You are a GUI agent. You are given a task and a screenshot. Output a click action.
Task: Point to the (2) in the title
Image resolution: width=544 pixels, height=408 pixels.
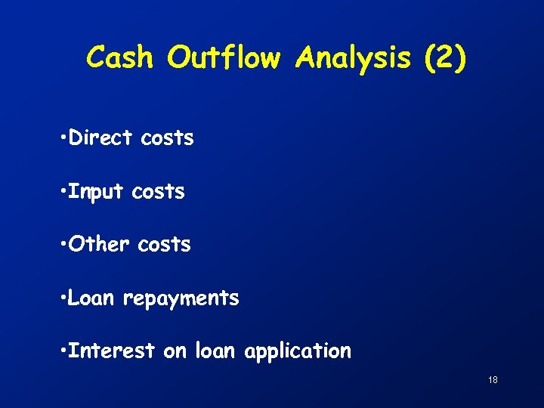pos(445,58)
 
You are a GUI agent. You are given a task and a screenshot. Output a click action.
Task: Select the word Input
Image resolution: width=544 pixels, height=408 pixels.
pos(95,193)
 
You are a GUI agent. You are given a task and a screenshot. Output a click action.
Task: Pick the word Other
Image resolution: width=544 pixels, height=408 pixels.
pos(99,245)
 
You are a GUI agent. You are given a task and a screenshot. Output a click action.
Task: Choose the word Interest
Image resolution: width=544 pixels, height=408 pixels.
pos(111,351)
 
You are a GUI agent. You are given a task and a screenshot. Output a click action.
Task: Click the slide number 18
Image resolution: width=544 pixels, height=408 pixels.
pos(493,380)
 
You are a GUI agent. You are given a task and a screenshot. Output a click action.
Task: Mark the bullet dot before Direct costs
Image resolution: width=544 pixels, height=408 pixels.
pos(60,139)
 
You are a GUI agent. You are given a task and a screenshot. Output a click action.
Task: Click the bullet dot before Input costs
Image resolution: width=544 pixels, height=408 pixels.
pos(60,193)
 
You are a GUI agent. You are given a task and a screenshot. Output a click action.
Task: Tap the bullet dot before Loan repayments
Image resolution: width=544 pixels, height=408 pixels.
pos(60,299)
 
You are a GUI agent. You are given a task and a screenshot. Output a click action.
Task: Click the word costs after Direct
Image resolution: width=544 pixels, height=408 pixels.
pos(167,139)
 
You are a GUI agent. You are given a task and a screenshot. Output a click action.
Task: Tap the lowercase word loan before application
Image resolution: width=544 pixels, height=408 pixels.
pos(217,351)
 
